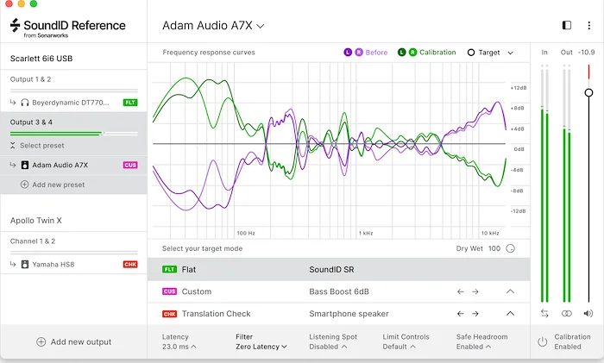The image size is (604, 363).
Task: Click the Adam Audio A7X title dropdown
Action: [213, 26]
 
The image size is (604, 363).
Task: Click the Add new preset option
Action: [58, 185]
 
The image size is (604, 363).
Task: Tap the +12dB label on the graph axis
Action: [518, 88]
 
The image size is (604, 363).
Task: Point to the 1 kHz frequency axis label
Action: [366, 233]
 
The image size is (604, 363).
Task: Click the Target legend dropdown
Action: [490, 53]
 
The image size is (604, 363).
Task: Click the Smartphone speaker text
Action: [349, 314]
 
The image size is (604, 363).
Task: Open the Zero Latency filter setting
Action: [261, 347]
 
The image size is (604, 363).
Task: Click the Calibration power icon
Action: [543, 341]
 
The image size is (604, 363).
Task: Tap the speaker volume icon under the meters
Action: [588, 314]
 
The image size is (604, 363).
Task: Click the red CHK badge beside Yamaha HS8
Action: [130, 264]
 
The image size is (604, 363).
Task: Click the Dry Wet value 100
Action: [494, 248]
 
